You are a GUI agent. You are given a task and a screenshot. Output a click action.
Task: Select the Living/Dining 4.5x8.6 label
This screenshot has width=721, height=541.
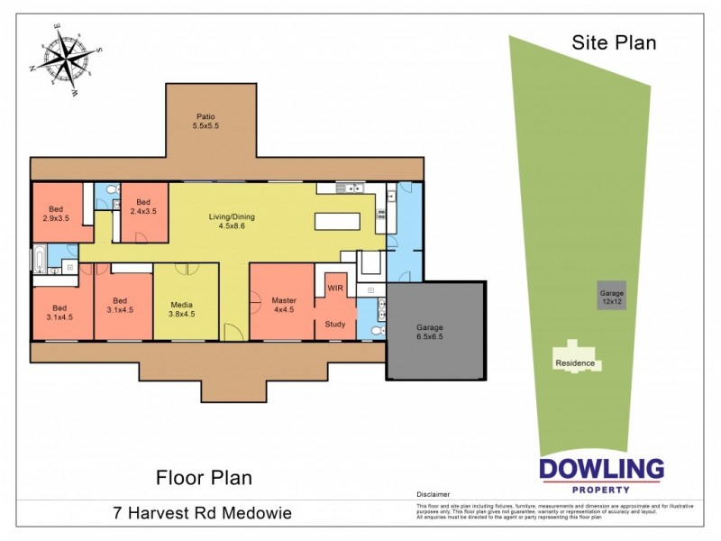[x=233, y=221]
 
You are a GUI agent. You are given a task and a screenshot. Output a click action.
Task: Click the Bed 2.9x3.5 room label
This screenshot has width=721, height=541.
[x=57, y=213]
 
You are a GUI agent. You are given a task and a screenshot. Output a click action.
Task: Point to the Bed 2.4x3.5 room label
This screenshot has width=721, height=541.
[x=140, y=206]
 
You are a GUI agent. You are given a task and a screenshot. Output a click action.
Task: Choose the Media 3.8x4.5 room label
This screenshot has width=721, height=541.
[x=182, y=309]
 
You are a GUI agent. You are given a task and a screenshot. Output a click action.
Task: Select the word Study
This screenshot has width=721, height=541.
[x=334, y=323]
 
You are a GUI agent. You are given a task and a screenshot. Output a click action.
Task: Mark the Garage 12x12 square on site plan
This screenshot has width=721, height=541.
[x=612, y=297]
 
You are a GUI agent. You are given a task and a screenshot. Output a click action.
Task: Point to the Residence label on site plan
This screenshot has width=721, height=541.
[x=574, y=363]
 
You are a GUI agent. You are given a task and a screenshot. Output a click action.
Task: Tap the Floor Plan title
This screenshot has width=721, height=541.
[x=204, y=477]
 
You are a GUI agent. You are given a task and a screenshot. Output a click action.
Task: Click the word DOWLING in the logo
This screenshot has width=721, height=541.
[x=601, y=469]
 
